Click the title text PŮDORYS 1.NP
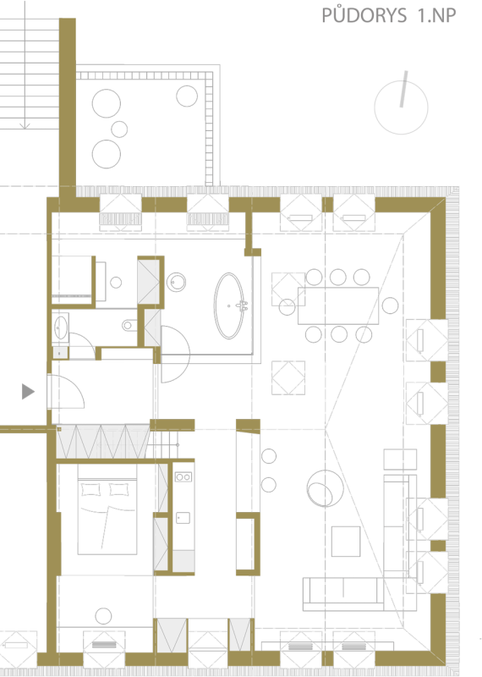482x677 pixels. coord(388,14)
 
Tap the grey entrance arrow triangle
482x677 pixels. coord(28,392)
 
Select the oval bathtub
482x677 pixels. coord(229,305)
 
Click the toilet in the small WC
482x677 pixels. coord(129,325)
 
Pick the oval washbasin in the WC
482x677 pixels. coord(61,327)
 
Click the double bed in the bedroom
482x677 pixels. coord(107,509)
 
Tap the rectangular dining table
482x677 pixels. coord(338,305)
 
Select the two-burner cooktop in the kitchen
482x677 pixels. coord(183,477)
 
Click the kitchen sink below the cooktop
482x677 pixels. coord(183,518)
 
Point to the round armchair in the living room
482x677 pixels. coord(326,488)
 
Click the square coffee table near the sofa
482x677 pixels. coord(346,542)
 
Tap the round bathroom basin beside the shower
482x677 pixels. coord(176,283)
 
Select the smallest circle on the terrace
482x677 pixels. coord(119,129)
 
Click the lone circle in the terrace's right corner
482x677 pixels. coord(187,96)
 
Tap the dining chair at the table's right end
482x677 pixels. coord(390,305)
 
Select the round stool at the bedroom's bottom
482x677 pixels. coord(103,616)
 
